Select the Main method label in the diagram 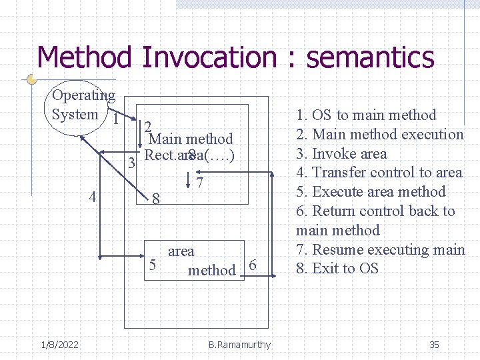coord(191,139)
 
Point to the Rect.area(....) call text coord(189,155)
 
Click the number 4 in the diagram coord(93,197)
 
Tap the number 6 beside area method coord(252,265)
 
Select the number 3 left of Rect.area coord(132,163)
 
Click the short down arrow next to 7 coord(190,180)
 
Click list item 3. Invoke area coord(341,153)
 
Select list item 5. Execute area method coord(371,192)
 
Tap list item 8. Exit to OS coord(337,269)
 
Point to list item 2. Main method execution coord(380,134)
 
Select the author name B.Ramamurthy coord(239,345)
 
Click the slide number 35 coord(434,345)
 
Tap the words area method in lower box coord(201,261)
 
